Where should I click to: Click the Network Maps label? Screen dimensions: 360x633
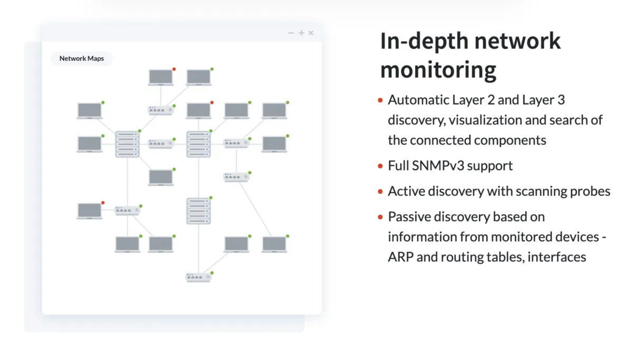pos(81,59)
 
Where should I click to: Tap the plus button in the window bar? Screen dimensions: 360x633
pos(301,33)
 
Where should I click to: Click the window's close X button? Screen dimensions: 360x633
pos(311,33)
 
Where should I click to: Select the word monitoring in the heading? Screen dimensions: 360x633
pos(438,70)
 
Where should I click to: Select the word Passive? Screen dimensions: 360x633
pos(408,216)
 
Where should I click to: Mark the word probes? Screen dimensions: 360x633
pos(592,191)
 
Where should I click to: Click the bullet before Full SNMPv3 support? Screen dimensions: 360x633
pos(380,166)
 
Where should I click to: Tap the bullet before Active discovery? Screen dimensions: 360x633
pos(380,191)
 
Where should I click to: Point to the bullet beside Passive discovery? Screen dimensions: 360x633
pos(380,216)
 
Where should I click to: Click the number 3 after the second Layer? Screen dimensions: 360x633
pos(561,100)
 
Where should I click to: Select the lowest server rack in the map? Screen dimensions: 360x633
pos(198,211)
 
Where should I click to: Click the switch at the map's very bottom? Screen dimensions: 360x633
pos(198,277)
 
